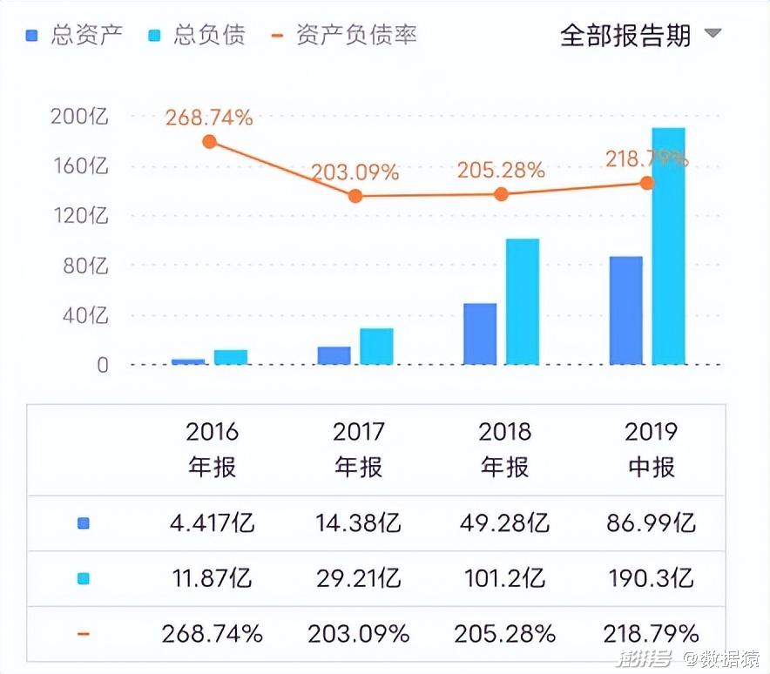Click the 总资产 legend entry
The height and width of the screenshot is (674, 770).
point(74,35)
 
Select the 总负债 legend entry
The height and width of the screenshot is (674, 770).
point(197,35)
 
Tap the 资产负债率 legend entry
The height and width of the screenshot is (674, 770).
point(344,35)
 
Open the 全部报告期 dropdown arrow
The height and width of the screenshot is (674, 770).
point(713,34)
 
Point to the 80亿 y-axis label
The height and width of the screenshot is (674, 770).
point(85,266)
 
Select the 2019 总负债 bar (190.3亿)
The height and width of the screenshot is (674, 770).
point(668,246)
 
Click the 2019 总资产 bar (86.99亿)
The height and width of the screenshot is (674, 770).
point(625,310)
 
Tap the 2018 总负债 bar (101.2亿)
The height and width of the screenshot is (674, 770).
point(523,301)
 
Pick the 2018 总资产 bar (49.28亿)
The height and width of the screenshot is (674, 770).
point(480,334)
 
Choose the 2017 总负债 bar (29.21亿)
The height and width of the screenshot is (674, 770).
point(376,346)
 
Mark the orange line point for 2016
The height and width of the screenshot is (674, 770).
point(209,142)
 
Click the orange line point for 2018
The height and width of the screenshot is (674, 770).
point(501,194)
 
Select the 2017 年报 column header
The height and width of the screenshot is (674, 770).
point(358,448)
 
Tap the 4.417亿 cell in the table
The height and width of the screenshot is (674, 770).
point(212,523)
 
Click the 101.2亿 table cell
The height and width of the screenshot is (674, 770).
point(504,578)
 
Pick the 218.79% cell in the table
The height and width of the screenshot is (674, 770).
point(650,633)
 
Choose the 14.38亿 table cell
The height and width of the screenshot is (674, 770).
point(358,523)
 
